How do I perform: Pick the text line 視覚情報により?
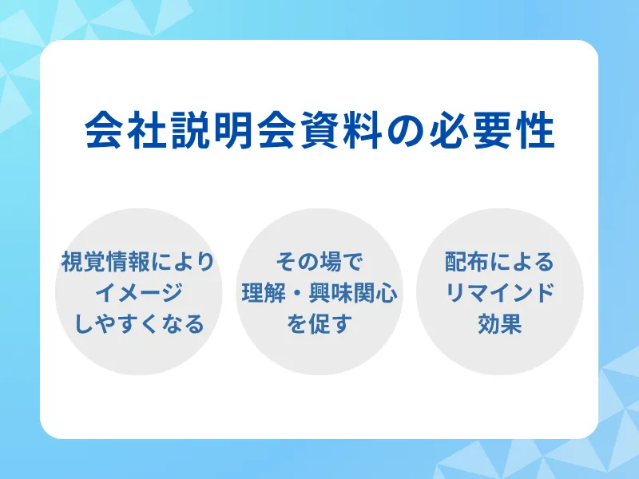pyautogui.click(x=138, y=263)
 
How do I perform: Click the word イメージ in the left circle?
pyautogui.click(x=138, y=293)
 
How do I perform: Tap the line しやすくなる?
pyautogui.click(x=138, y=324)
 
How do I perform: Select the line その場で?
pyautogui.click(x=319, y=263)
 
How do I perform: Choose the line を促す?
pyautogui.click(x=319, y=324)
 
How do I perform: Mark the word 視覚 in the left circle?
pyautogui.click(x=82, y=263)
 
